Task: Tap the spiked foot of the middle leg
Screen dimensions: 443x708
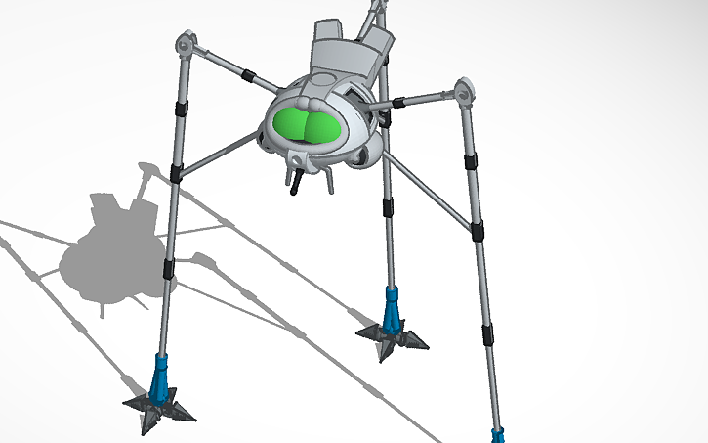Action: [x=392, y=337]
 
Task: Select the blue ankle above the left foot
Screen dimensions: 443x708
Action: [x=162, y=372]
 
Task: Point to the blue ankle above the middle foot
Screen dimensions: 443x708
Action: [x=393, y=307]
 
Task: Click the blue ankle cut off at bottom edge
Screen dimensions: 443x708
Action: [x=498, y=434]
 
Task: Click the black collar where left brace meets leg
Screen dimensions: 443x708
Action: [x=177, y=173]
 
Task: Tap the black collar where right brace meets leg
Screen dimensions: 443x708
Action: [x=477, y=232]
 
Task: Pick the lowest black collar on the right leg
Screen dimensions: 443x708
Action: [x=484, y=332]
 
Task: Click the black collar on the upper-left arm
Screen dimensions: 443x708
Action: [x=250, y=75]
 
